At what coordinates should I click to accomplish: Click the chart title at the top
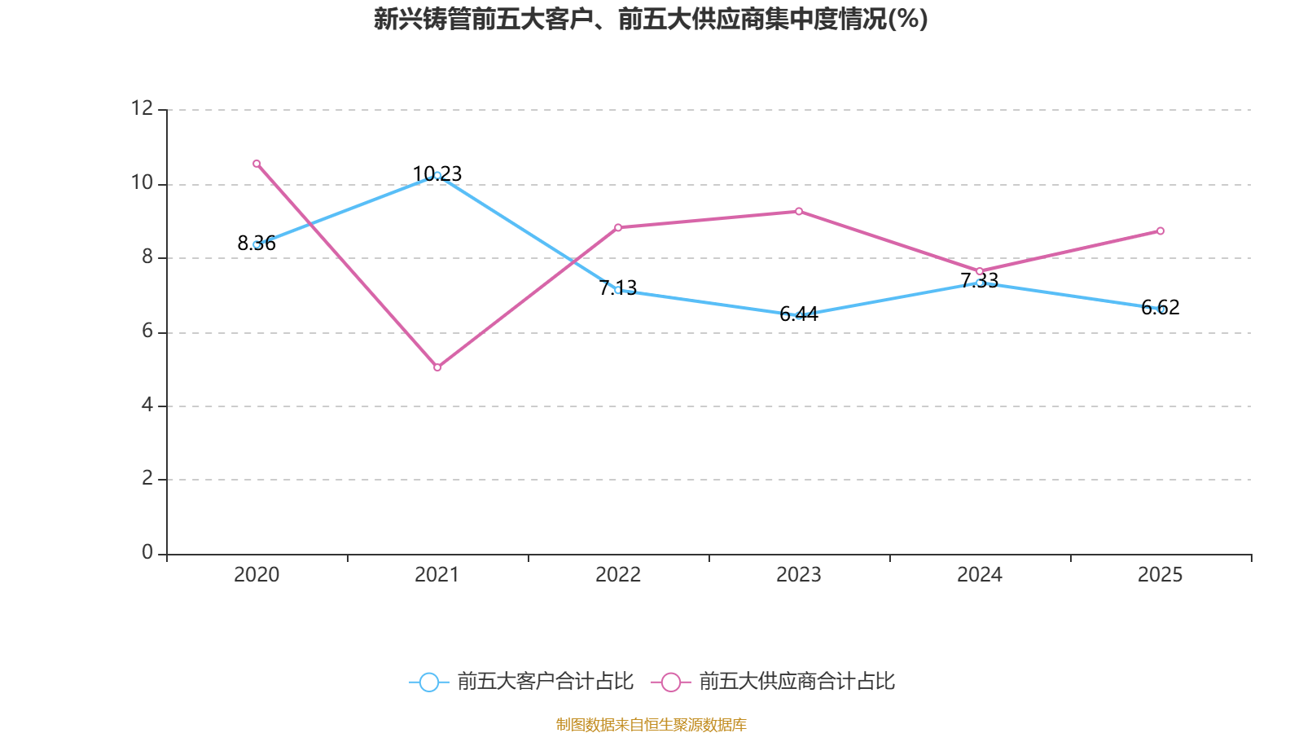click(x=651, y=19)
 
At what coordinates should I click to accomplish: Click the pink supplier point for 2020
click(x=257, y=164)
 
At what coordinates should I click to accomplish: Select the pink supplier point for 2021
click(x=437, y=367)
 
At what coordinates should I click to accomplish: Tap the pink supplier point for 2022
click(x=618, y=227)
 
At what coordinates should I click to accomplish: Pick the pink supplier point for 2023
click(x=799, y=212)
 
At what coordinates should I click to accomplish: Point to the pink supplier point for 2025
click(x=1160, y=231)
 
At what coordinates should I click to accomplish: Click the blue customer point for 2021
click(x=437, y=175)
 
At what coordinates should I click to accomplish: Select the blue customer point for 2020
click(x=257, y=244)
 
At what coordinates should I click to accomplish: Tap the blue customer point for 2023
click(x=799, y=315)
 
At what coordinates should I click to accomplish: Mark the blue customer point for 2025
click(x=1160, y=309)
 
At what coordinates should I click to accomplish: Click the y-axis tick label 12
click(x=143, y=108)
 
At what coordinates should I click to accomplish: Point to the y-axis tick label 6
click(x=147, y=331)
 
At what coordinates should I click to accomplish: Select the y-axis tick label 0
click(x=147, y=552)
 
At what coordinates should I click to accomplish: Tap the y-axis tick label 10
click(x=143, y=182)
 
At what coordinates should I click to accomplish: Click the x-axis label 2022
click(x=618, y=575)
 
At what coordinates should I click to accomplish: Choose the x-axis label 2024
click(x=980, y=575)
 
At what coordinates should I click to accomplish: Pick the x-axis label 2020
click(x=257, y=575)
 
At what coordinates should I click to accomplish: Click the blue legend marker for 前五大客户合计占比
click(x=428, y=683)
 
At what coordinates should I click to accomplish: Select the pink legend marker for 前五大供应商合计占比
click(x=670, y=683)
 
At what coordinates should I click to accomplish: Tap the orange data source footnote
click(x=651, y=724)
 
